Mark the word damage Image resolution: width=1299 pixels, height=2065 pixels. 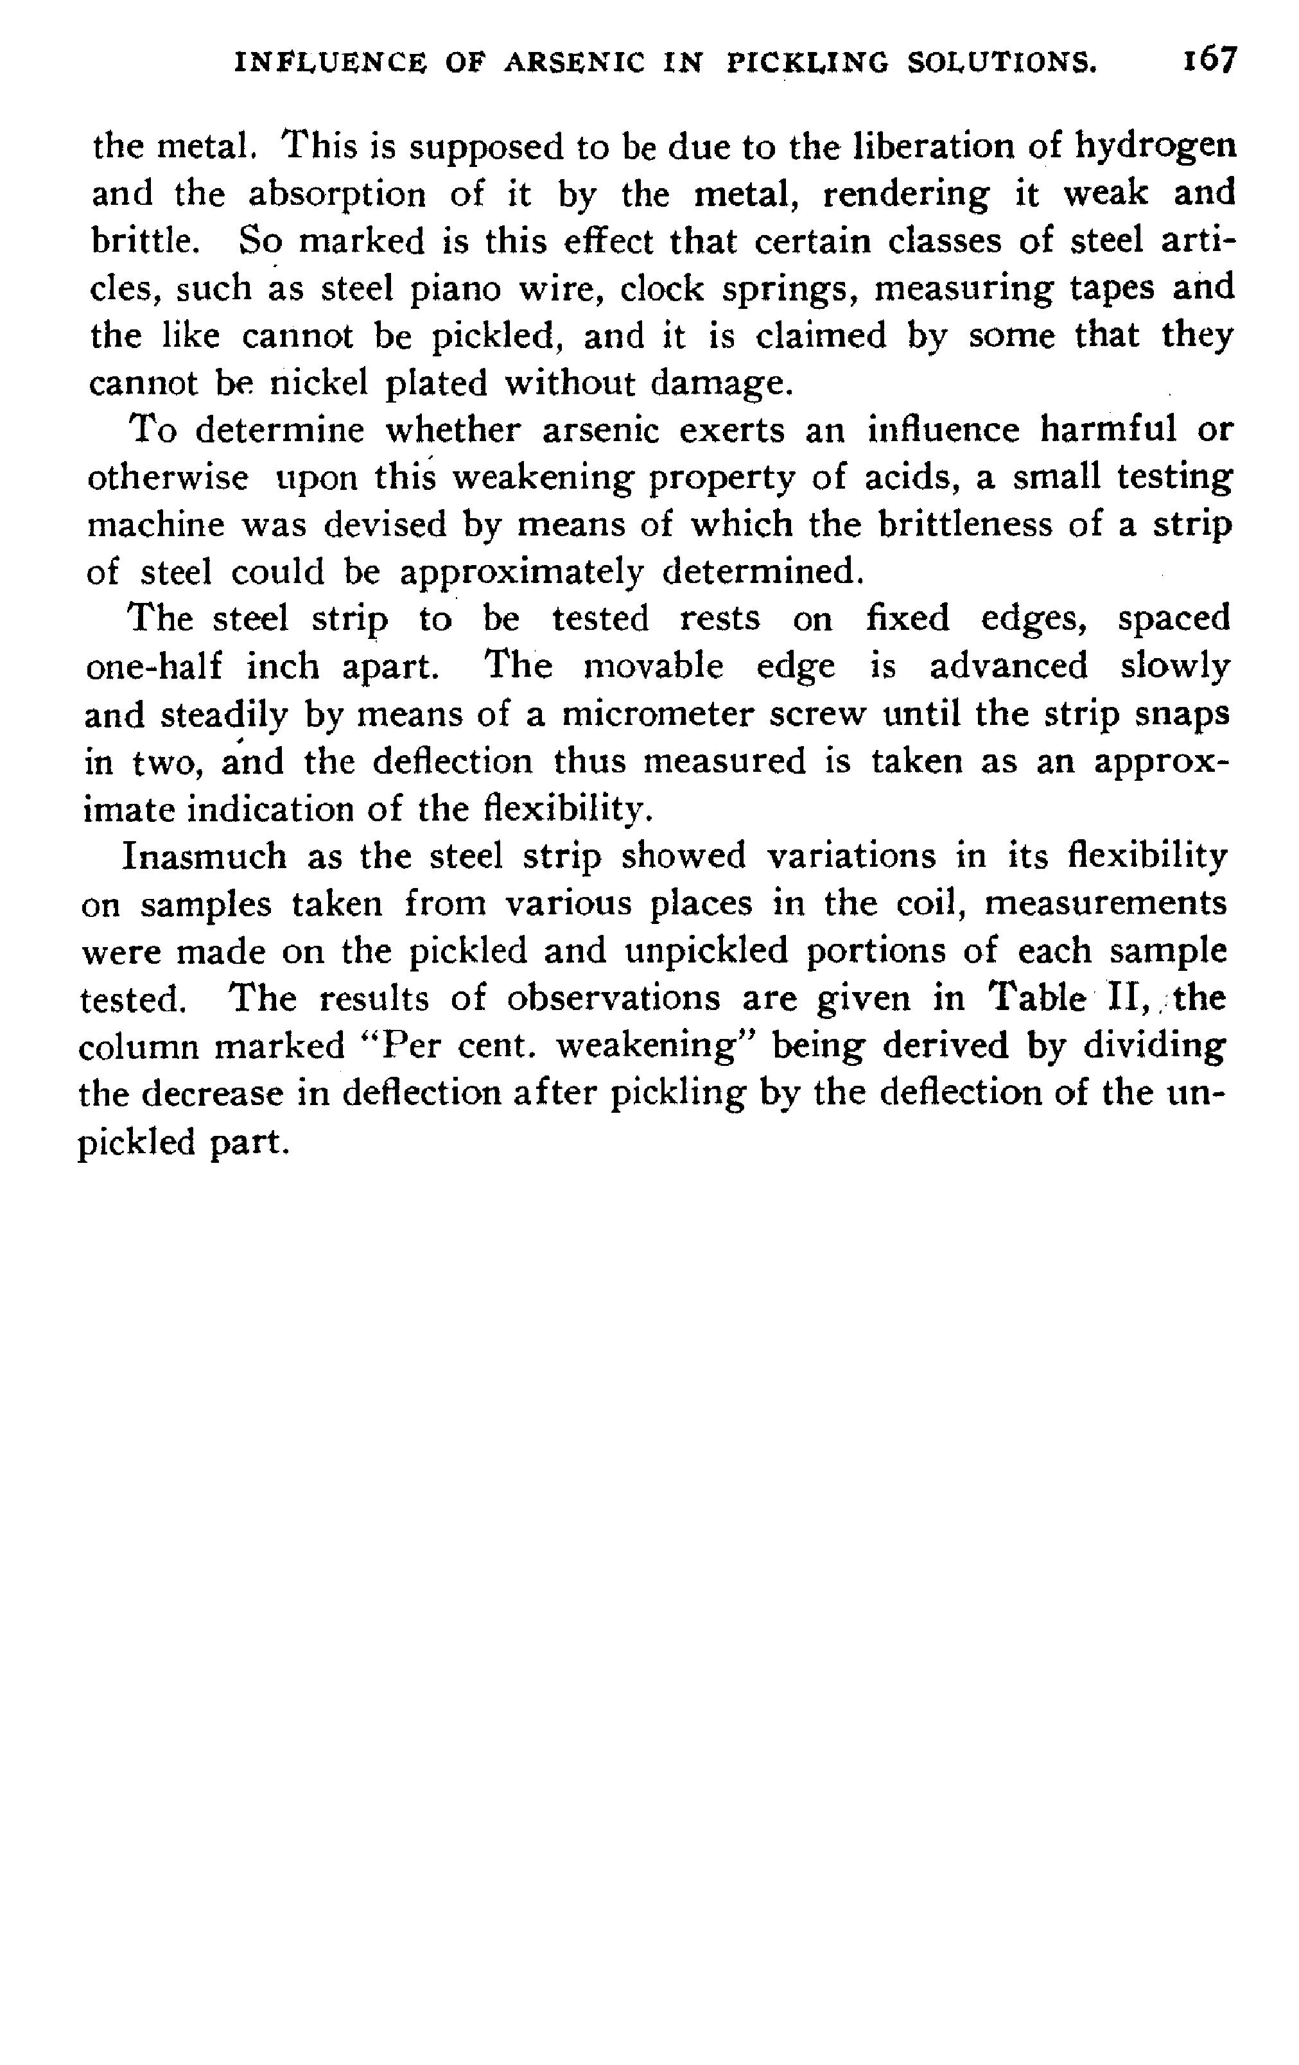[x=719, y=384]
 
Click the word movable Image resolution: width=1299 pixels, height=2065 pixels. [x=654, y=667]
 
